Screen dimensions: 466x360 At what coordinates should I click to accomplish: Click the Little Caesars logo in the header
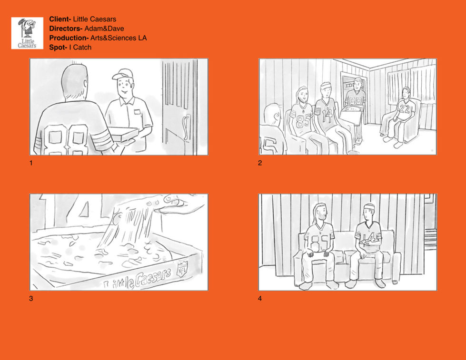click(27, 33)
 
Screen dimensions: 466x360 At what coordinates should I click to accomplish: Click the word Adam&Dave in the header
click(104, 29)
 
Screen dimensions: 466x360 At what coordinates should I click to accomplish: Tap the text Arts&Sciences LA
click(119, 38)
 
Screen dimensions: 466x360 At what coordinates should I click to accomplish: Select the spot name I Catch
click(80, 47)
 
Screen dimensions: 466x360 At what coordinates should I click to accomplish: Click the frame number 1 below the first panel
click(31, 163)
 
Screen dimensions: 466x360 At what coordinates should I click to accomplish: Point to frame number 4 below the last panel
click(260, 299)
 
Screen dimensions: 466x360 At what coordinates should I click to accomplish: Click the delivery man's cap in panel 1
click(122, 74)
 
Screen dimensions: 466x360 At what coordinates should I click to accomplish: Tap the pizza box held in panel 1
click(123, 134)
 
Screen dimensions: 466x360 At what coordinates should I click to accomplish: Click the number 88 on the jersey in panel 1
click(66, 139)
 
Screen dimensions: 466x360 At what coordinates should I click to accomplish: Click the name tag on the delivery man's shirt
click(137, 112)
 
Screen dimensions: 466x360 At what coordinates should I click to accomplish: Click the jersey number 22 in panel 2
click(404, 109)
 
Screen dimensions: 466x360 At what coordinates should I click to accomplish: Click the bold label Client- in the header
click(60, 19)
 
